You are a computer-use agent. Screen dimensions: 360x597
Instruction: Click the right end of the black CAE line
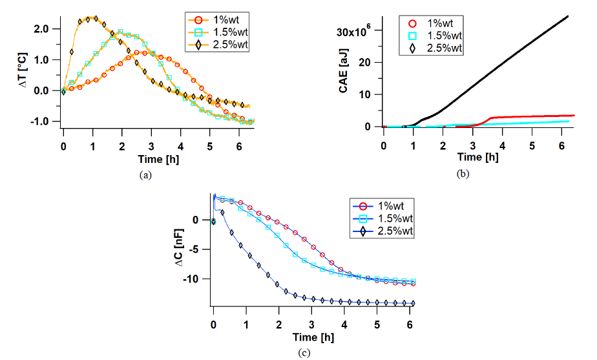point(568,16)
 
